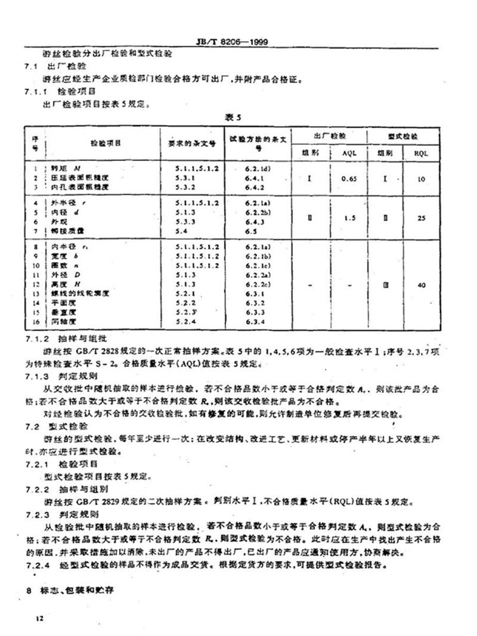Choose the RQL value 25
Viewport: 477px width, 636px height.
(x=421, y=218)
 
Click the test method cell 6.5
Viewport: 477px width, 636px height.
(x=250, y=229)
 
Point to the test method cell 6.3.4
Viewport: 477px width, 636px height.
(x=254, y=322)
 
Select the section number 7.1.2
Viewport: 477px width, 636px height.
(x=37, y=337)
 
